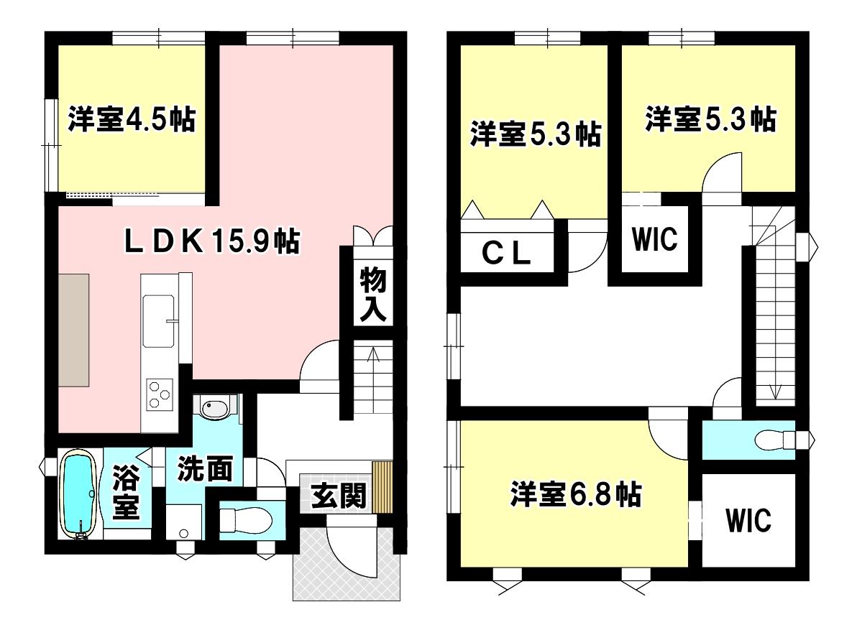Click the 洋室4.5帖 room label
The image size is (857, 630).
tap(132, 119)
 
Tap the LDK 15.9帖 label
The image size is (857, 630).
tap(212, 241)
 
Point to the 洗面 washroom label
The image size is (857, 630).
tap(204, 468)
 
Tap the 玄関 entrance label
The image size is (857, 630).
tap(339, 496)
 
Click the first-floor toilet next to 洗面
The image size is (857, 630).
tap(246, 519)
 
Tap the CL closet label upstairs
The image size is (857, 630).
tap(506, 254)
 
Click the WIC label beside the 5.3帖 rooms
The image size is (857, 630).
tap(655, 238)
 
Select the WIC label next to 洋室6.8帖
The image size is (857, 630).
tap(748, 519)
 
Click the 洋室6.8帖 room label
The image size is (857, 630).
tap(576, 494)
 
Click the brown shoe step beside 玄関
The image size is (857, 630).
tap(382, 487)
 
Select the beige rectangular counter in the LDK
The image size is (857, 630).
tap(74, 330)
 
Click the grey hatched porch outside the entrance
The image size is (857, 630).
tap(347, 563)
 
